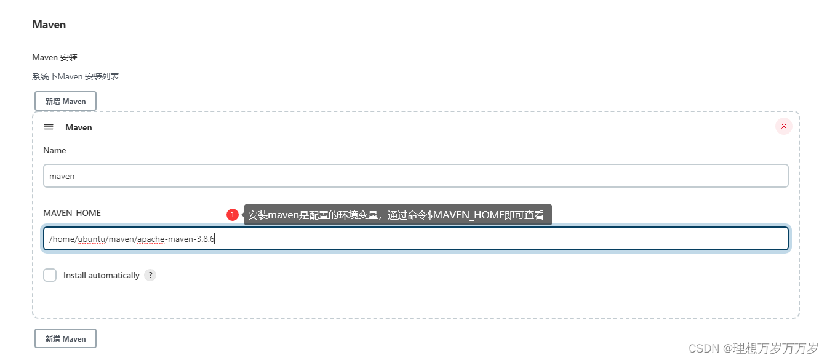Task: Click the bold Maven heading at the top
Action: pos(49,25)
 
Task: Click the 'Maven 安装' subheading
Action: pos(55,57)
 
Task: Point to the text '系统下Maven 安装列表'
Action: pos(75,76)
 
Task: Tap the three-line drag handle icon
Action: pos(49,127)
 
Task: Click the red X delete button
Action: pos(783,126)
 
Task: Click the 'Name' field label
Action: pos(54,150)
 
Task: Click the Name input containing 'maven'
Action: pos(415,175)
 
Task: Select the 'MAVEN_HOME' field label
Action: pos(72,213)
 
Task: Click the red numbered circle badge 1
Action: pos(233,215)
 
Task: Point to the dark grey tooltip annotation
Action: pos(398,215)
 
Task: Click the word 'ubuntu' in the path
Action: pos(91,239)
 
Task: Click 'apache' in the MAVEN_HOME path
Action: pos(151,239)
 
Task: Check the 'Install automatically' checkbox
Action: pos(50,275)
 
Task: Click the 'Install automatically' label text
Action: pos(102,275)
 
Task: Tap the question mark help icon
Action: pos(150,275)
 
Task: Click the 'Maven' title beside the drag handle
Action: pos(79,127)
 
